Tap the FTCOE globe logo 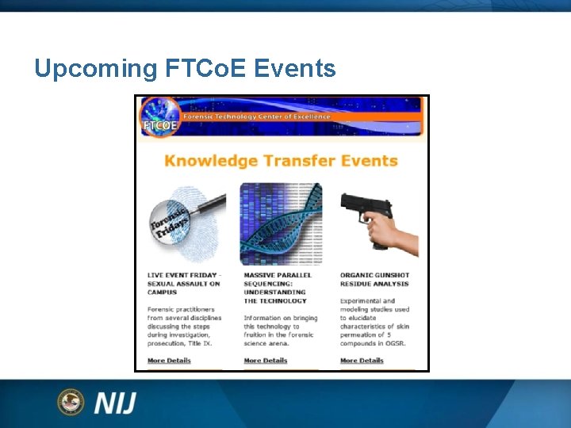[158, 117]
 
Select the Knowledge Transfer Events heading [281, 161]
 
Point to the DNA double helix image [282, 224]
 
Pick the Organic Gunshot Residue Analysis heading [374, 279]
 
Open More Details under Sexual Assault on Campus [169, 361]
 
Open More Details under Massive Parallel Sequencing [265, 361]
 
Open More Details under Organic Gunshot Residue [362, 361]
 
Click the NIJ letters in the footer [115, 403]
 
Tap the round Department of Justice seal [71, 402]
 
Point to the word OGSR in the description [397, 343]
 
